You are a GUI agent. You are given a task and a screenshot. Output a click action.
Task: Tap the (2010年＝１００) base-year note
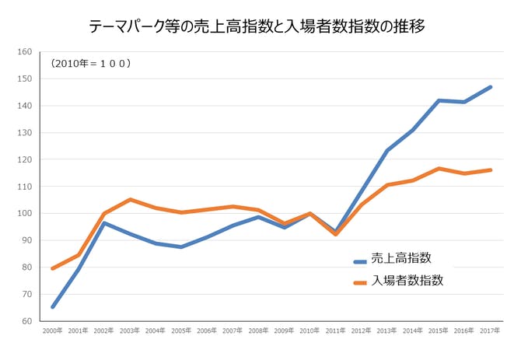coord(90,63)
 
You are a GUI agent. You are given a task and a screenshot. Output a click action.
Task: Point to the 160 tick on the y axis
coord(23,52)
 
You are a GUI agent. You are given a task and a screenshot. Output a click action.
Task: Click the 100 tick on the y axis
coord(23,214)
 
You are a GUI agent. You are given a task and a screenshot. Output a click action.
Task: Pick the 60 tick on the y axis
coord(25,321)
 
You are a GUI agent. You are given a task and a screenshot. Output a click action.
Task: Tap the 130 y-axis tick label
coord(23,133)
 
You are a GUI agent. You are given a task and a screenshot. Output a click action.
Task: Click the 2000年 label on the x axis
coord(52,331)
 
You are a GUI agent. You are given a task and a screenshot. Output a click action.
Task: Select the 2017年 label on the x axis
coord(490,331)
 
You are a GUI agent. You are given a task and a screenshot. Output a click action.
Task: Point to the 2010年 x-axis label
coord(309,331)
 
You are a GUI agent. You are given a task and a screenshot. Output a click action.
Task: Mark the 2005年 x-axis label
coord(181,331)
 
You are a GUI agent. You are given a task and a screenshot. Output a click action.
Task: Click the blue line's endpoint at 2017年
coord(490,87)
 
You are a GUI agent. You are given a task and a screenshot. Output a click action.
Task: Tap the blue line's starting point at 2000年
coord(52,307)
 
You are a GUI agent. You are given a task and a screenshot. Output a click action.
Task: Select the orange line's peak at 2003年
coord(130,200)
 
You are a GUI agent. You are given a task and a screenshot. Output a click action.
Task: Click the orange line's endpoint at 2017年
coord(490,170)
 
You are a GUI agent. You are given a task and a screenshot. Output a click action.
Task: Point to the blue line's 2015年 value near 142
coord(439,100)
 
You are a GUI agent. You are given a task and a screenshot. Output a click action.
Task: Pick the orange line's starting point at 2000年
coord(52,268)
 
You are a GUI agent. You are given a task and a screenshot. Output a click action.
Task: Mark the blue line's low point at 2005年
coord(181,247)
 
